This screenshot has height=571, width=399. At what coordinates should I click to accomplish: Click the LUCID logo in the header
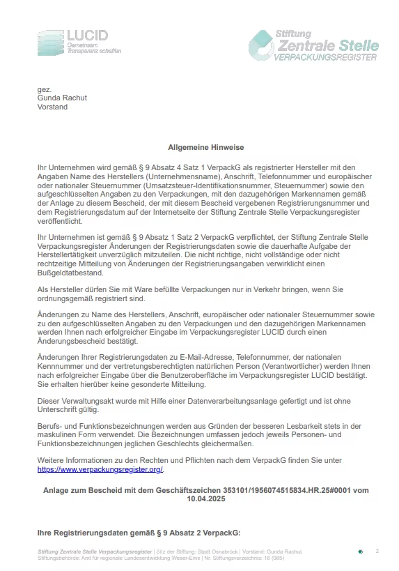(x=79, y=43)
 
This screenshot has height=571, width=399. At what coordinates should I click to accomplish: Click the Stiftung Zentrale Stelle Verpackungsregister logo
(x=313, y=45)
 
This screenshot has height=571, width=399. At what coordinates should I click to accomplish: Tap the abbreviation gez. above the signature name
(x=45, y=90)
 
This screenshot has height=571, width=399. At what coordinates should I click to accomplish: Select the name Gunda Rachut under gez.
(x=62, y=98)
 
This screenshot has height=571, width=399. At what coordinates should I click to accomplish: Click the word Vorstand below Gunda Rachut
(x=52, y=107)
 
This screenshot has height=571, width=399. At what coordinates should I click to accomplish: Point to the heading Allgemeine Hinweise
(x=206, y=148)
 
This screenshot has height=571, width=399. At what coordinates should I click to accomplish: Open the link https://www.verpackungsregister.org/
(x=100, y=469)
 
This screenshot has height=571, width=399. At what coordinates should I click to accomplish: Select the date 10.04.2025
(x=206, y=499)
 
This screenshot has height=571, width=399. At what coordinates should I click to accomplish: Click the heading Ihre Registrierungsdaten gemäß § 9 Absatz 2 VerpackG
(x=138, y=533)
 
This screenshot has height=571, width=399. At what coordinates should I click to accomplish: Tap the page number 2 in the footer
(x=377, y=551)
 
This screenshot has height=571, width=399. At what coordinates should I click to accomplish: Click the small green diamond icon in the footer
(x=360, y=551)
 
